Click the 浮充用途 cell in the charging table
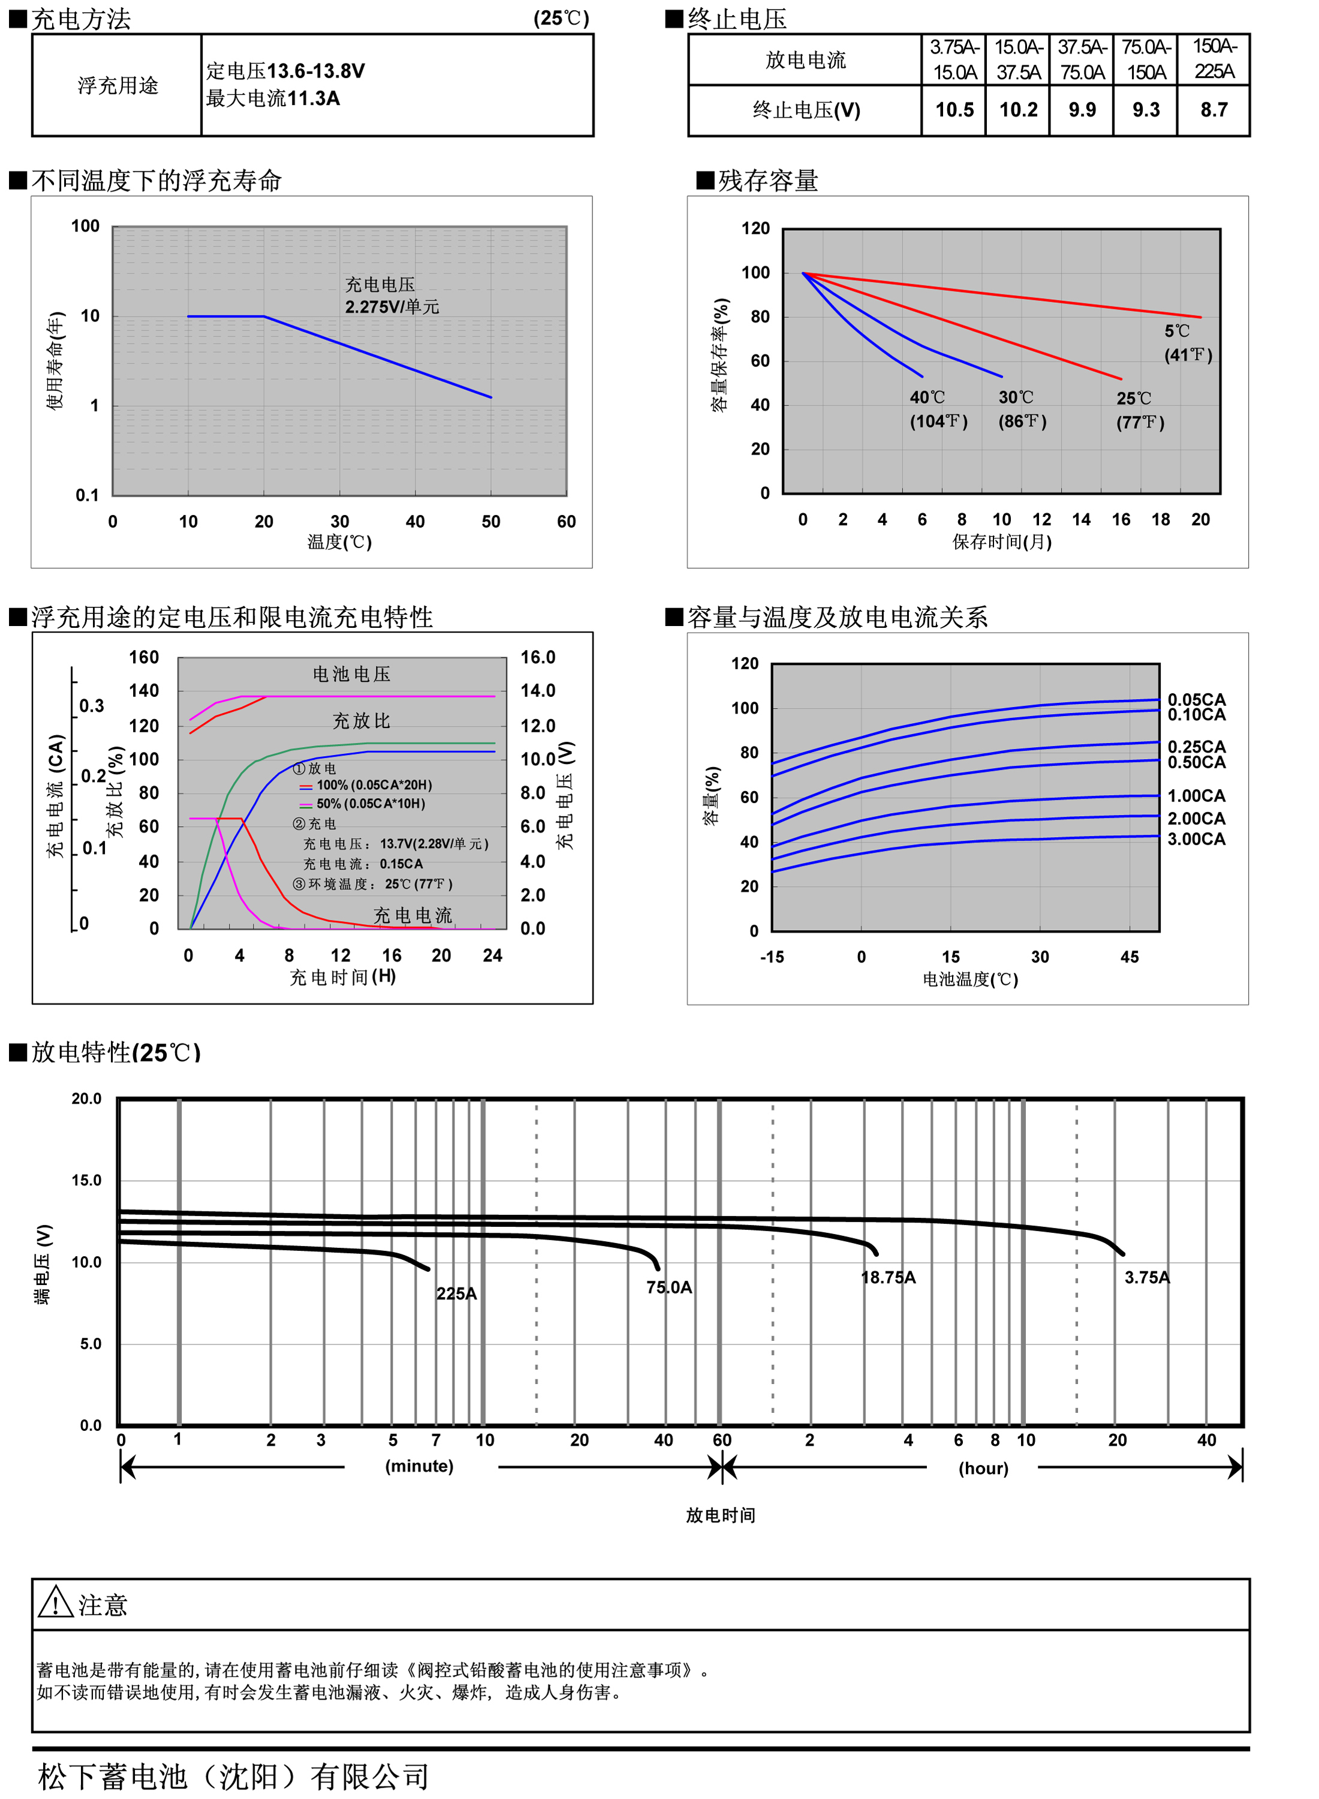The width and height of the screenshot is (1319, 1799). point(118,85)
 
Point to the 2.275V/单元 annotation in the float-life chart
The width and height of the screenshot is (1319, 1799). point(392,306)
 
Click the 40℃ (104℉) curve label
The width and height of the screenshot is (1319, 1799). point(938,409)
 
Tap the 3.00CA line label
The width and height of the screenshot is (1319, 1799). point(1195,838)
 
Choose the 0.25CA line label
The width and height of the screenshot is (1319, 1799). point(1195,747)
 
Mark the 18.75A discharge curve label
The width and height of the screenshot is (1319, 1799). point(888,1277)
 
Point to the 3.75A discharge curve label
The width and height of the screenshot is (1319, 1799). point(1146,1277)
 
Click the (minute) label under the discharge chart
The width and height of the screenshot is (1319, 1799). point(419,1466)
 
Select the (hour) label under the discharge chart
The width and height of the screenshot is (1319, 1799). point(983,1469)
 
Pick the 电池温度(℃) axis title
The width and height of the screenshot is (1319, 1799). point(970,979)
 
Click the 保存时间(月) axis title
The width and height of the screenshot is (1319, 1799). point(1001,542)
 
